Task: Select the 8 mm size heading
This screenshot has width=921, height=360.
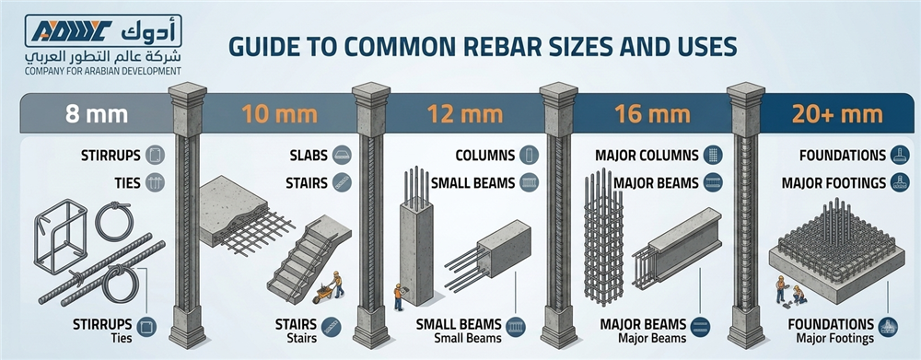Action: click(x=97, y=114)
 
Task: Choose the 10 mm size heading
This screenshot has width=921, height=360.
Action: click(x=280, y=114)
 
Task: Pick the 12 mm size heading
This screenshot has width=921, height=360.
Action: click(x=465, y=114)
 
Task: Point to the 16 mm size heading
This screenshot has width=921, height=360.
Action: click(x=651, y=114)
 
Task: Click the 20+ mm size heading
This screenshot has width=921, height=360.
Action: click(x=837, y=114)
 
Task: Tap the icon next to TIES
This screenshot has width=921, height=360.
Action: click(x=155, y=182)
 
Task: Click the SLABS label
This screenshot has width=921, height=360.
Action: click(x=309, y=155)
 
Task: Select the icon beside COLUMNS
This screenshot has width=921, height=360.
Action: click(x=529, y=155)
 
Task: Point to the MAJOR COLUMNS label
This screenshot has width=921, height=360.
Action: click(x=647, y=155)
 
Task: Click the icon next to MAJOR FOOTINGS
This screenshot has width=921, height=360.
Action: click(x=899, y=182)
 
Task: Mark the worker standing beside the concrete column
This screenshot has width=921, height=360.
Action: click(x=398, y=296)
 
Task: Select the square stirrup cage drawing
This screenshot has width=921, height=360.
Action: click(x=61, y=235)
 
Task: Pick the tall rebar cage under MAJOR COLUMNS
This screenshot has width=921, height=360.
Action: click(x=603, y=238)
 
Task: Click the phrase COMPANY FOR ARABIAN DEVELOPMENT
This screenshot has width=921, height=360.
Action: click(x=103, y=72)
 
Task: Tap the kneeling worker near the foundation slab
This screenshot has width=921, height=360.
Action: click(x=799, y=295)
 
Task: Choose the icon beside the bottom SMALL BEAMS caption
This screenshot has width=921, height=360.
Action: click(x=516, y=327)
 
